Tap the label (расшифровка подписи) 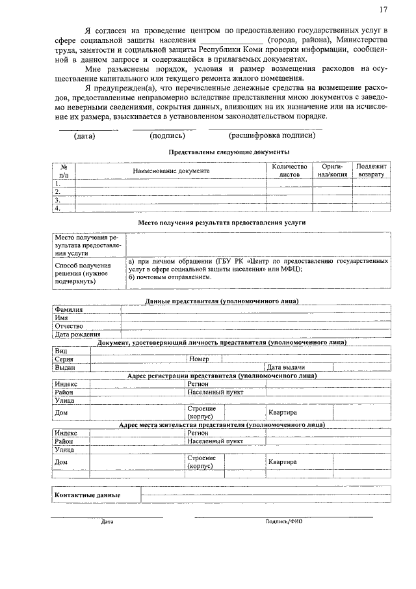272,136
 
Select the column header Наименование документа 172,171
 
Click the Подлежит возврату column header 371,171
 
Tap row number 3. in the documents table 58,200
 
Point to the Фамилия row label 68,310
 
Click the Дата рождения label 77,334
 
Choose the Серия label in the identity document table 64,359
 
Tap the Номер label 199,359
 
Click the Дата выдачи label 286,367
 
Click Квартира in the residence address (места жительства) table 283,462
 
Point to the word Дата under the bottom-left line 107,522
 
